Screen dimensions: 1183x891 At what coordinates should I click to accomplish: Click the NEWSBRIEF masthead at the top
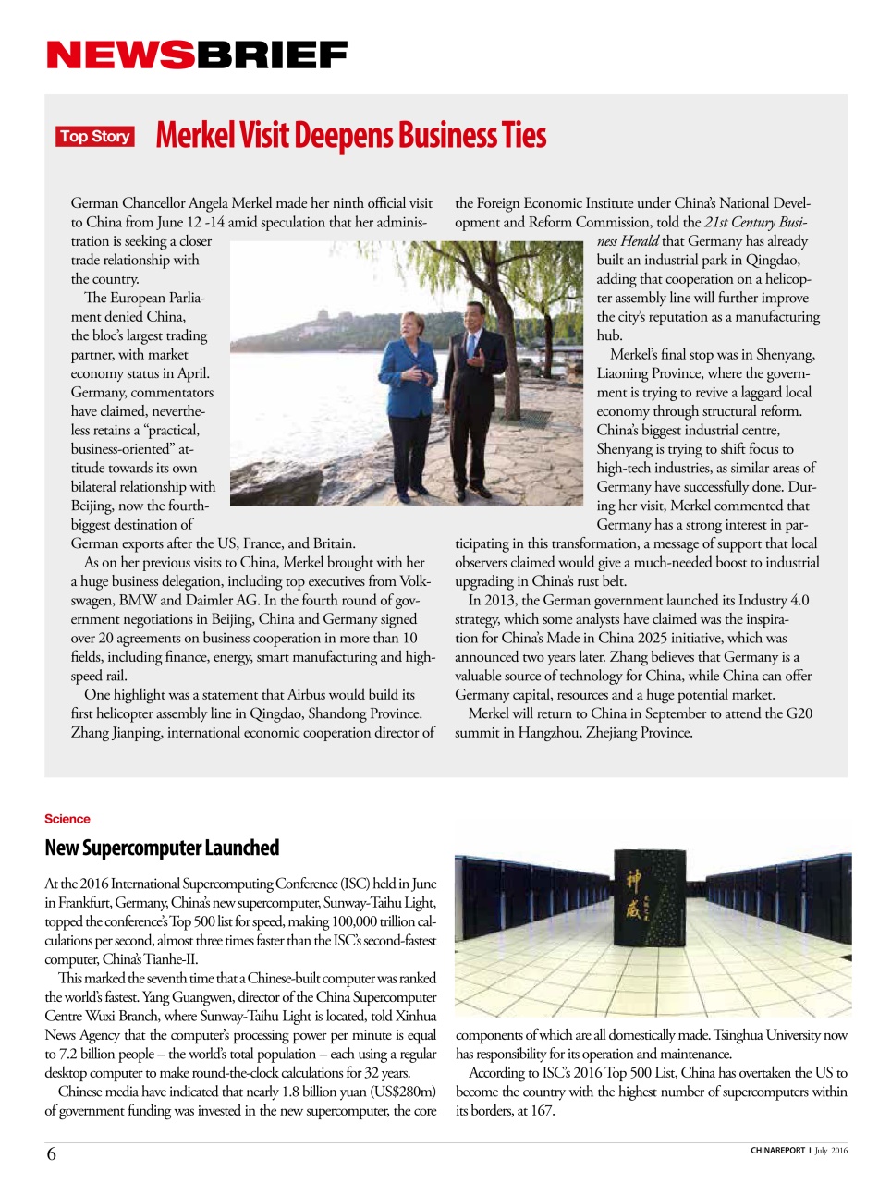[x=197, y=55]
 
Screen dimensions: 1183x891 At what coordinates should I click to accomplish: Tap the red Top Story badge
[x=94, y=137]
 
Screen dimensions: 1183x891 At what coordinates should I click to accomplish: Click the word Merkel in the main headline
[x=195, y=136]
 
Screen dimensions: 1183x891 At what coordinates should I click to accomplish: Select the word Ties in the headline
[x=524, y=136]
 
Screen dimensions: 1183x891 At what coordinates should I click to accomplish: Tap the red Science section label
[x=67, y=819]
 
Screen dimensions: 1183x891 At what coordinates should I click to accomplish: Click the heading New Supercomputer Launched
[x=162, y=848]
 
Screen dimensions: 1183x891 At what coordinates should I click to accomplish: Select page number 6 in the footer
[x=52, y=1153]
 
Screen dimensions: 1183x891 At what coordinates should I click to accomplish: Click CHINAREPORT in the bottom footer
[x=777, y=1151]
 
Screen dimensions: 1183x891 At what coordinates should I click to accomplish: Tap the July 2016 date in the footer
[x=831, y=1151]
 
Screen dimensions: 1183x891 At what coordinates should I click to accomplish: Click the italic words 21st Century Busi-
[x=755, y=222]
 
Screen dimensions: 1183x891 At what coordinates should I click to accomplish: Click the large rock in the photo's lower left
[x=277, y=481]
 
